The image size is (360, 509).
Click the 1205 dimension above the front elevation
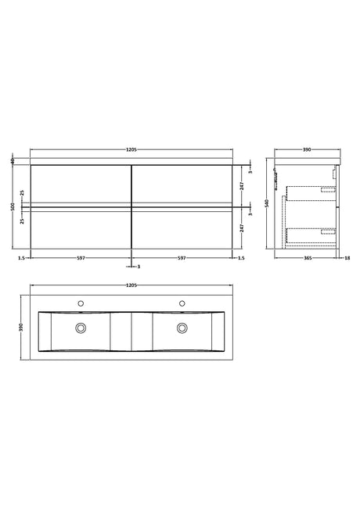point(131,149)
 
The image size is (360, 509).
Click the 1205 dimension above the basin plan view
point(131,285)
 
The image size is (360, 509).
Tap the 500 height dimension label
point(13,206)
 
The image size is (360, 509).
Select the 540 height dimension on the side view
point(268,203)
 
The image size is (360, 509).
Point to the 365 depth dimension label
point(308,258)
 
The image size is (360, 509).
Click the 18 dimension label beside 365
point(347,258)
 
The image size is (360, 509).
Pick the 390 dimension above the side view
point(307,149)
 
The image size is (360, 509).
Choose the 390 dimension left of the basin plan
point(22,327)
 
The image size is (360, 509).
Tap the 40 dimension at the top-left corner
point(13,161)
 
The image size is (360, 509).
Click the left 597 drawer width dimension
point(81,258)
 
